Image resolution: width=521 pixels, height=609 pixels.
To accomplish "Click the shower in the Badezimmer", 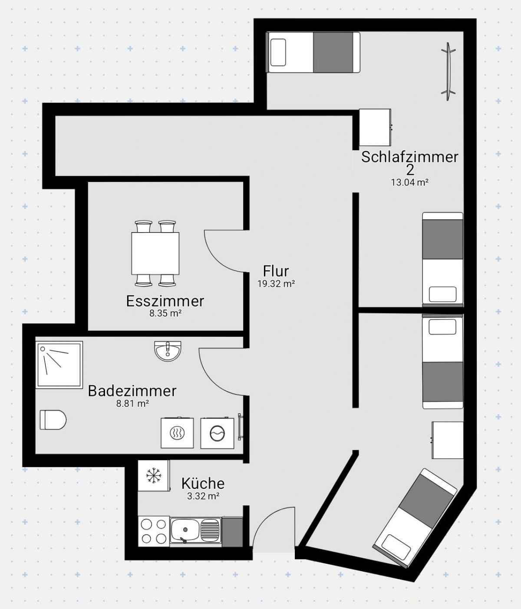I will [x=59, y=365].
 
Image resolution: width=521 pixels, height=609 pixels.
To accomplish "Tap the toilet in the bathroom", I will [x=53, y=420].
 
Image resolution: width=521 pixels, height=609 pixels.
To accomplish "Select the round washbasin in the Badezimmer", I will [x=167, y=351].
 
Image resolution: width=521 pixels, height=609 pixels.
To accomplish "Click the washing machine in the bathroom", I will [x=217, y=433].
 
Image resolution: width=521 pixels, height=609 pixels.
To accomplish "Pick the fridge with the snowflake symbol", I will [x=153, y=475].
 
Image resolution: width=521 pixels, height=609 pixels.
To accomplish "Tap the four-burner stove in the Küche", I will [x=154, y=531].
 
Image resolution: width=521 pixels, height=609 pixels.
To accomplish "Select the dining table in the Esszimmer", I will [x=155, y=253].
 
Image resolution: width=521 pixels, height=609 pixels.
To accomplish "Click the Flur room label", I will [x=276, y=271].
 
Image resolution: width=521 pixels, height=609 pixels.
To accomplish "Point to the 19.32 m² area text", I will [x=276, y=284].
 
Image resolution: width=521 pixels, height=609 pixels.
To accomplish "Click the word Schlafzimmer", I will [x=409, y=157].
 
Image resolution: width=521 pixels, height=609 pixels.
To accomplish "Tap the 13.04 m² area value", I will [x=409, y=182].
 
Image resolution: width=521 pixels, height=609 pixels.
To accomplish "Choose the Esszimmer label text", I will [x=165, y=301].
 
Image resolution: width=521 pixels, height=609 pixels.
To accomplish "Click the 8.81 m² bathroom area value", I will [x=132, y=403].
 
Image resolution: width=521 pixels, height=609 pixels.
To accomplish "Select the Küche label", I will [x=203, y=483].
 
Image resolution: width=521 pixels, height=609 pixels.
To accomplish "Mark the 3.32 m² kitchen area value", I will [x=203, y=496].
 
